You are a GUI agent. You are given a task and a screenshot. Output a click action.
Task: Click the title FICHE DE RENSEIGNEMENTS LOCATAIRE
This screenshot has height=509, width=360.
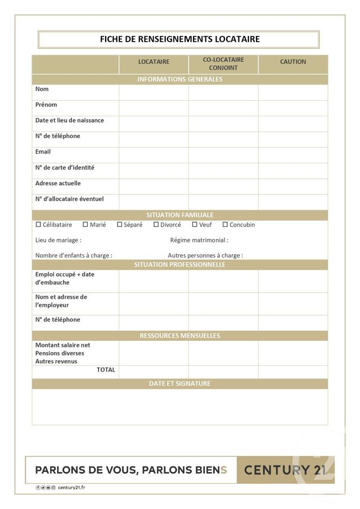[179, 39]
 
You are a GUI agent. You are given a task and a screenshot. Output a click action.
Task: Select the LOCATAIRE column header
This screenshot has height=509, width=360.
[154, 62]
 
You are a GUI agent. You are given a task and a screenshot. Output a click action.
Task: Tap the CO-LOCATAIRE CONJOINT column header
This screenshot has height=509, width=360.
[223, 64]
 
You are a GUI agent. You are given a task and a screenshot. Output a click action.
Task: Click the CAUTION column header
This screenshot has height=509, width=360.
[293, 62]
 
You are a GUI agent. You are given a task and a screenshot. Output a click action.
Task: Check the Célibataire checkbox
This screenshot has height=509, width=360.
[38, 224]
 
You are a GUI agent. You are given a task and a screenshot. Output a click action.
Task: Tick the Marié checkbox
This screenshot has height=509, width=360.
[85, 224]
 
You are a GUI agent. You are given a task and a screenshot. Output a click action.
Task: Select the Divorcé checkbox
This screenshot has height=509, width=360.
[156, 224]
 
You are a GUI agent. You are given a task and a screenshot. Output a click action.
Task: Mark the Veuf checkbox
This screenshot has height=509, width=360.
[195, 224]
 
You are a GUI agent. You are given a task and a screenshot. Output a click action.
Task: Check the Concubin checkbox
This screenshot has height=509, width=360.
[225, 224]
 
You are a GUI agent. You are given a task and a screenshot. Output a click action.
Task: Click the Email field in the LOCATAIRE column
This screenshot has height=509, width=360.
[154, 155]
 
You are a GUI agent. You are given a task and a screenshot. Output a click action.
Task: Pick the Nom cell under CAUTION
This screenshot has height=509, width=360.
[293, 92]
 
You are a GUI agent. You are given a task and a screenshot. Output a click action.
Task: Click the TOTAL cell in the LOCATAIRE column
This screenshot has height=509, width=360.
[154, 372]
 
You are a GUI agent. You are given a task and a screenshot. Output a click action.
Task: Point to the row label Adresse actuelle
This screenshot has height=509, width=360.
[58, 183]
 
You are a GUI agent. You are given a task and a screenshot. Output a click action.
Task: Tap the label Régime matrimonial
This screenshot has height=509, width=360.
[199, 240]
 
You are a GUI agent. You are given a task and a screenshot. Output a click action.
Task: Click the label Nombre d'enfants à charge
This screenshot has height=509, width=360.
[74, 255]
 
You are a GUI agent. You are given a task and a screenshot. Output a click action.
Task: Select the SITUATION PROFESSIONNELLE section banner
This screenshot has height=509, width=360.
[179, 265]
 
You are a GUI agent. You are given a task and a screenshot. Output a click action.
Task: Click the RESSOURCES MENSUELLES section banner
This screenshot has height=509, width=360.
[179, 336]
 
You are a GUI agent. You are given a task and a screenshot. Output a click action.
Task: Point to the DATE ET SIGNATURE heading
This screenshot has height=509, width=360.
[179, 384]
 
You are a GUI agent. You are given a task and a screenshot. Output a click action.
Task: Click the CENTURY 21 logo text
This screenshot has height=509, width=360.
[285, 470]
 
